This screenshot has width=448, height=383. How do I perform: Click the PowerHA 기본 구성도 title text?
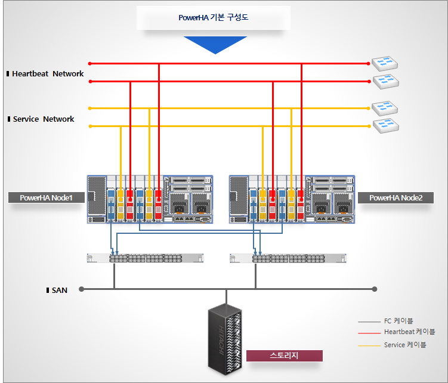click(213, 18)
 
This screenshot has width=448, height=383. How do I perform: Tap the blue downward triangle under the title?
click(215, 44)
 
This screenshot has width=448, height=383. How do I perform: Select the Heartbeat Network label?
click(48, 74)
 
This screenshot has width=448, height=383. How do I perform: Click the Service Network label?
click(44, 119)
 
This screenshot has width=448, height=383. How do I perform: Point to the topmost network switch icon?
click(384, 63)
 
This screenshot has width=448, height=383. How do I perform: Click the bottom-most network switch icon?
click(384, 125)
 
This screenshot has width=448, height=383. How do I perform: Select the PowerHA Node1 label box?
click(46, 197)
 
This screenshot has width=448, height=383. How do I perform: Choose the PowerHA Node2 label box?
click(396, 197)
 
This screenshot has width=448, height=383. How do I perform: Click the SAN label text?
click(60, 291)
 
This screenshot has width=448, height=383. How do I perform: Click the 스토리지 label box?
click(284, 356)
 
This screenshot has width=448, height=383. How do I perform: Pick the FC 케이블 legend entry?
click(398, 321)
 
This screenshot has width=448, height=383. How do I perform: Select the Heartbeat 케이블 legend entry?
click(409, 332)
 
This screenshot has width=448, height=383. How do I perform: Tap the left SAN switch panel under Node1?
click(145, 258)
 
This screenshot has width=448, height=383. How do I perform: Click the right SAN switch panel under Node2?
click(288, 258)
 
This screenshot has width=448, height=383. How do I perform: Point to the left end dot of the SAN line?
click(82, 289)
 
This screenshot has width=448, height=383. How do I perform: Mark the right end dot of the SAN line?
click(375, 289)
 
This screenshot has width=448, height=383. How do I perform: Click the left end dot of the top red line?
click(89, 63)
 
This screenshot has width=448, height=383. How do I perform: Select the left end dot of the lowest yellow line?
click(89, 126)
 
